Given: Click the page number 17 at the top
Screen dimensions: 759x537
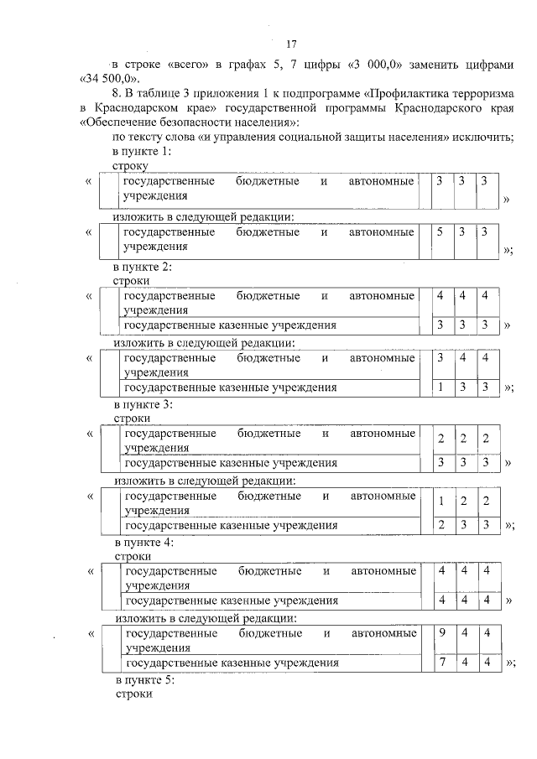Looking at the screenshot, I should [292, 44].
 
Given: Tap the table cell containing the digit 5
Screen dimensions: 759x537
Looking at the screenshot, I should [439, 232].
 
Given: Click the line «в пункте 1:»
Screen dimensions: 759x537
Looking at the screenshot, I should [142, 152].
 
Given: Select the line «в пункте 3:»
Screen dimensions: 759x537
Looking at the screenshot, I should [143, 404].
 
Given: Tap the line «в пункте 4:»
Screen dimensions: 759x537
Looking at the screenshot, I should [143, 543].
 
